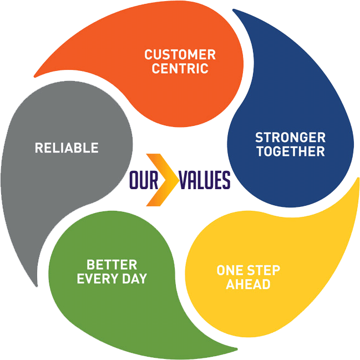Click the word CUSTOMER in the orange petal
180,55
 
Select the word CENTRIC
180,69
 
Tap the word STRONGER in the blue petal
290,137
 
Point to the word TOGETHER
290,151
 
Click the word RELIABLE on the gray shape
67,148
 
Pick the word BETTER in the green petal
111,265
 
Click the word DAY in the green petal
135,278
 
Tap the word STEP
263,271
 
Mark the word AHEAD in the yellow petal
247,285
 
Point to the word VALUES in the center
204,180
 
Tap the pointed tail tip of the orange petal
36,75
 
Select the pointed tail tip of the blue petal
234,10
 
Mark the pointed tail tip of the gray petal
38,285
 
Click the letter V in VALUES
185,180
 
